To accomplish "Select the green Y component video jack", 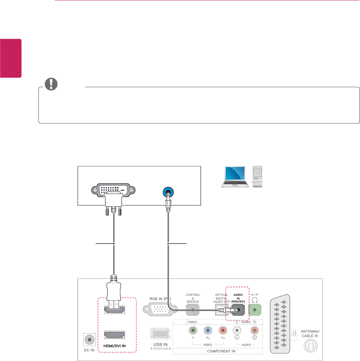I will pyautogui.click(x=193, y=331).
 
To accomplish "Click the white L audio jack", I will pyautogui.click(x=237, y=331).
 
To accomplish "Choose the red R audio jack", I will pyautogui.click(x=255, y=331).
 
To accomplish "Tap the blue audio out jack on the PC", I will pyautogui.click(x=167, y=191).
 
